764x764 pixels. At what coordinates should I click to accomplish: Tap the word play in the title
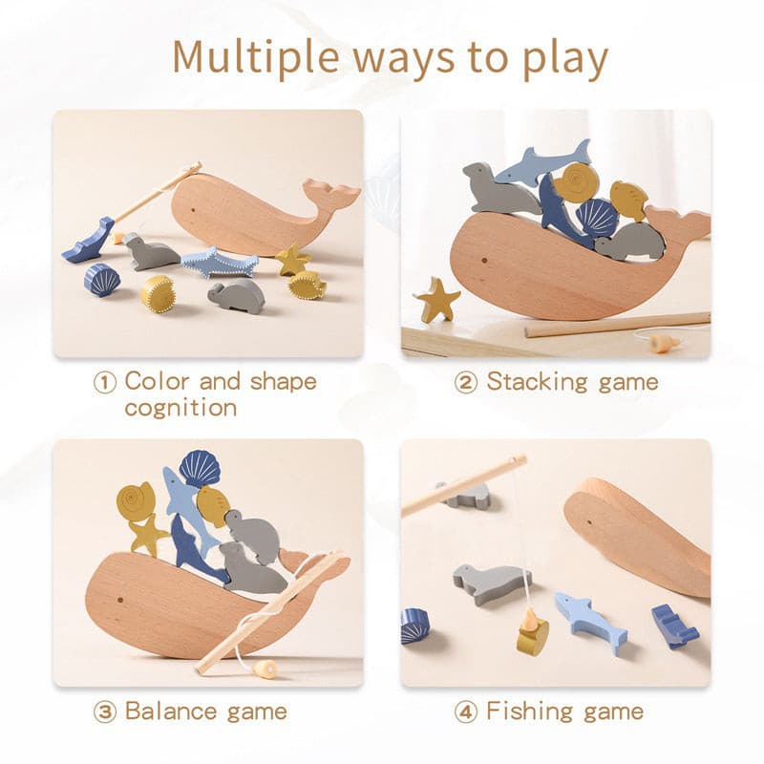[x=565, y=59]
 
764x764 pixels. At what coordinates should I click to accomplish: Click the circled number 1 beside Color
[x=105, y=383]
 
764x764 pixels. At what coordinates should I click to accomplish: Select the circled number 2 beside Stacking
[x=466, y=383]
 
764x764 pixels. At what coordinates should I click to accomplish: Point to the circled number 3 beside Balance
[x=105, y=712]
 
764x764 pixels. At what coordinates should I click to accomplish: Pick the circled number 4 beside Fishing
[x=466, y=712]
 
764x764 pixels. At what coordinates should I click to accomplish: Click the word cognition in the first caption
[x=180, y=409]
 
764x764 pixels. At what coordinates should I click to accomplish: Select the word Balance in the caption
[x=171, y=711]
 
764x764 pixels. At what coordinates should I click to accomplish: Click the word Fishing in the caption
[x=530, y=711]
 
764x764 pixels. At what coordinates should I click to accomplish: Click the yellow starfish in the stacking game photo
[x=436, y=299]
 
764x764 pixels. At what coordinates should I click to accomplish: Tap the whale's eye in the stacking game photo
[x=484, y=260]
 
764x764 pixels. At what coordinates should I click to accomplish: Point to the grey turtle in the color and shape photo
[x=236, y=296]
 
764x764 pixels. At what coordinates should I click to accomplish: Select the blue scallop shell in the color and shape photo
[x=101, y=280]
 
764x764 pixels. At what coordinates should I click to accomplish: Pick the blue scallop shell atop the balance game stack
[x=200, y=468]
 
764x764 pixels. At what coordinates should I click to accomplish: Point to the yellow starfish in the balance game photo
[x=149, y=534]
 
